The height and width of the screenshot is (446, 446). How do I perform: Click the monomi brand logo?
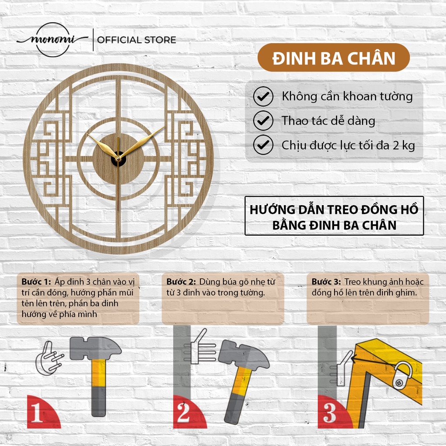click(x=53, y=40)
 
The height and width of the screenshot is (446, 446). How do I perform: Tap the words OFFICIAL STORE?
click(x=136, y=40)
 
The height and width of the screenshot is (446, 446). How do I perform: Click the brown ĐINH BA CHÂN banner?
click(x=334, y=58)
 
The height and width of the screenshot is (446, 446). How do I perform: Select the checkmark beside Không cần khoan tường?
click(x=263, y=96)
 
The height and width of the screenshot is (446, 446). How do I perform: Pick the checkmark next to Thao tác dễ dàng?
click(x=263, y=121)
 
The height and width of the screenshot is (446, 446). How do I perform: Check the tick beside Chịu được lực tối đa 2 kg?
click(x=263, y=145)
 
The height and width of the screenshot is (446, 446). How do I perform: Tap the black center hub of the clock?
click(x=118, y=159)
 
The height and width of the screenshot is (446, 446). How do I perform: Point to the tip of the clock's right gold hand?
click(x=164, y=127)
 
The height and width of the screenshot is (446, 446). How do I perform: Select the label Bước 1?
click(x=36, y=282)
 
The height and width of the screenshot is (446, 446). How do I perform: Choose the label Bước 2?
click(x=181, y=282)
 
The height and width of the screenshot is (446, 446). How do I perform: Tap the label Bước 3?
click(x=326, y=282)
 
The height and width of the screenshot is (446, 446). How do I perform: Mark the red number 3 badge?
click(x=333, y=412)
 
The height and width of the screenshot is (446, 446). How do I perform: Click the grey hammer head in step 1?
click(x=95, y=348)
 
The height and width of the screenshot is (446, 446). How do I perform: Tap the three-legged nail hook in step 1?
click(x=49, y=358)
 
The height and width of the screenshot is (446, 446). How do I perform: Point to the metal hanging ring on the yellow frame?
click(x=403, y=375)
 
